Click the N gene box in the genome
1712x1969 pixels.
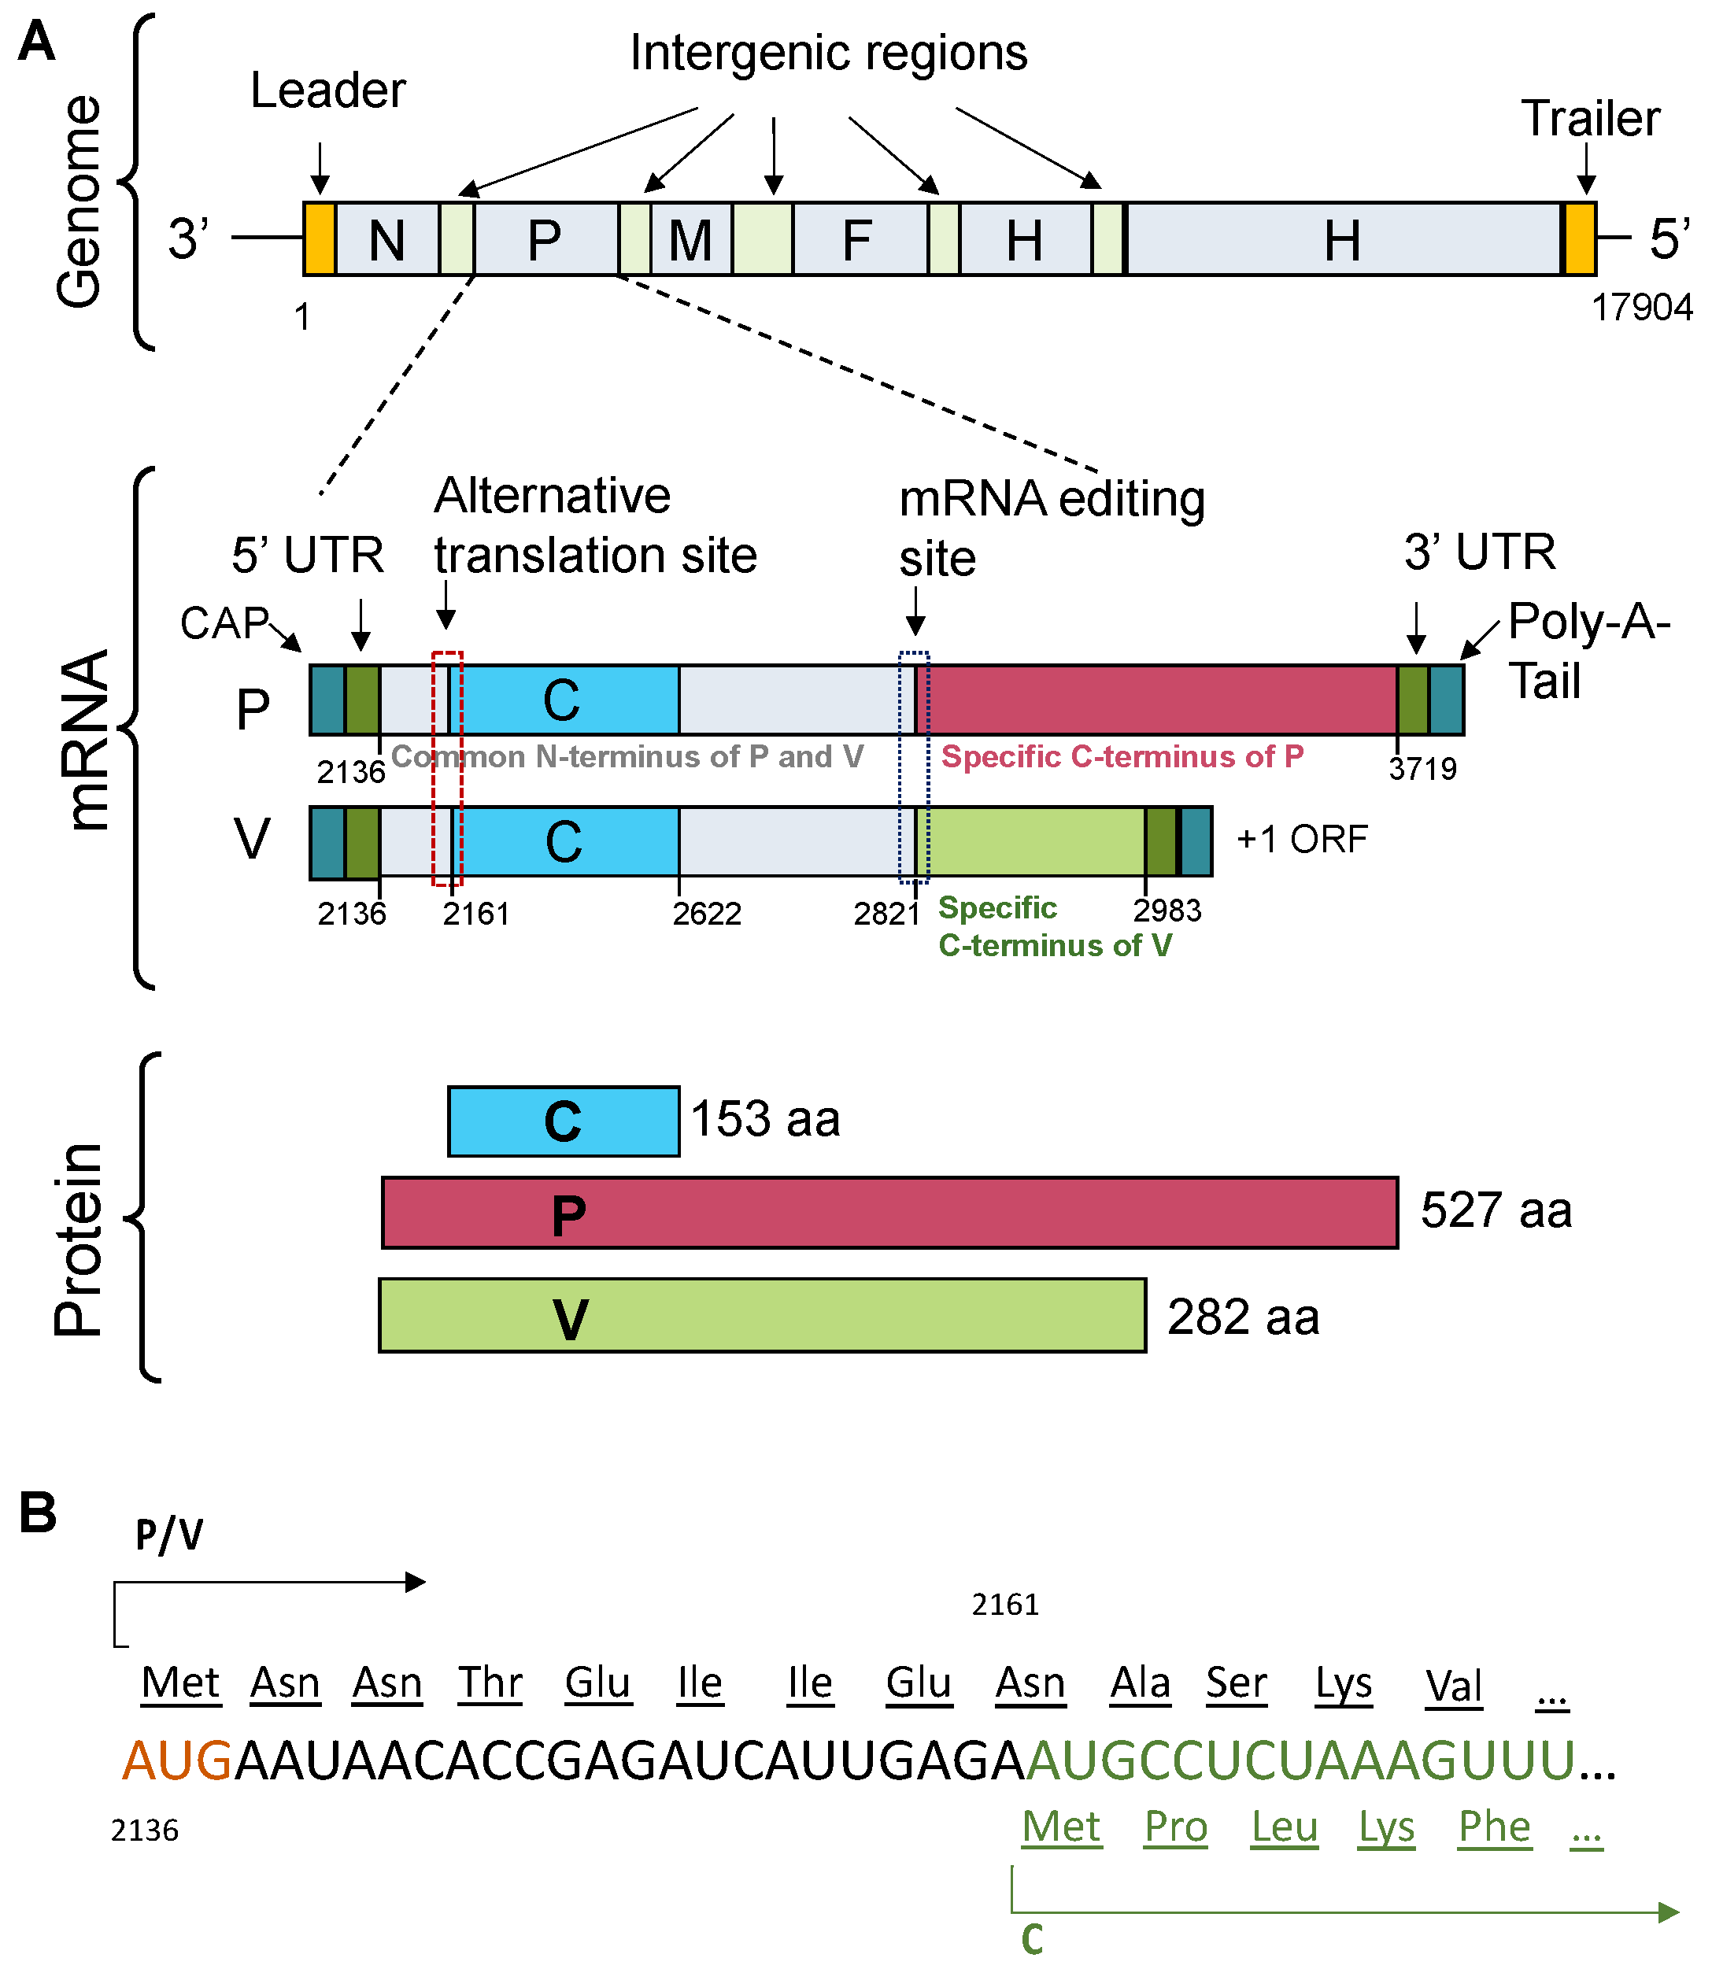tap(387, 238)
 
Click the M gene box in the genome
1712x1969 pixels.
tap(691, 238)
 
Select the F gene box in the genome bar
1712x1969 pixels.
tap(858, 238)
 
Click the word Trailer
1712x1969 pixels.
tap(1591, 119)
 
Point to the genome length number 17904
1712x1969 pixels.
tap(1641, 308)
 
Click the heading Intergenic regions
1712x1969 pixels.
tap(828, 53)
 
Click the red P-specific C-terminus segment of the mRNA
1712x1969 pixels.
tap(1161, 700)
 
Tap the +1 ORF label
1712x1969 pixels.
tap(1301, 839)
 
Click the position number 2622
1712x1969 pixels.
tap(707, 914)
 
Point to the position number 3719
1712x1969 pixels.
tap(1422, 769)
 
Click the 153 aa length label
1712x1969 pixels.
tap(765, 1119)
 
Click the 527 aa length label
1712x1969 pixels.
tap(1496, 1210)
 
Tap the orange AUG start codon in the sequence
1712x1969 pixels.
tap(178, 1760)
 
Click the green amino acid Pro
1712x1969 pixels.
tap(1176, 1827)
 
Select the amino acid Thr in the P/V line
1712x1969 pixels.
tap(490, 1683)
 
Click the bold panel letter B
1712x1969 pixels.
tap(39, 1513)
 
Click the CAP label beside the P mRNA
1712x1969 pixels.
tap(224, 623)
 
